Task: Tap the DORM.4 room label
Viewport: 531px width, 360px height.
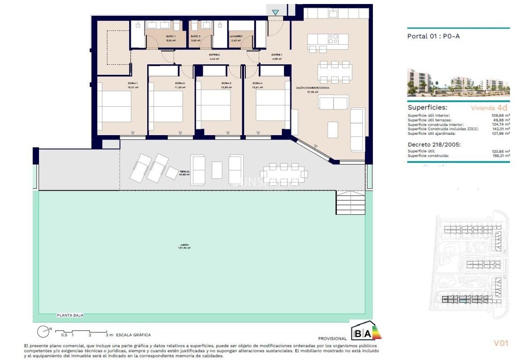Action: tap(257, 83)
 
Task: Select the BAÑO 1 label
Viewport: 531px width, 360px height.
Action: tap(171, 36)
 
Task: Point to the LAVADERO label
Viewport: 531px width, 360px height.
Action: tap(236, 36)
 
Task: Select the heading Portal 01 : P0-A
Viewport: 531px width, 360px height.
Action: tap(433, 36)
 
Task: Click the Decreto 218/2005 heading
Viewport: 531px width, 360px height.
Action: tap(434, 144)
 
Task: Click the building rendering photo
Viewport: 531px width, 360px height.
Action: tap(458, 82)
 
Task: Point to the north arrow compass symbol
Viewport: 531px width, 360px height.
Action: tap(43, 331)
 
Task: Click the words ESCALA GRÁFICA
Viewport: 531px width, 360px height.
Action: tap(133, 335)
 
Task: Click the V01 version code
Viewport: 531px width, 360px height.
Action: tap(501, 343)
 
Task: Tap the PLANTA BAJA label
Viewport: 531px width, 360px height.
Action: tap(70, 316)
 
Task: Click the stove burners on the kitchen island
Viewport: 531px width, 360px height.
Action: tap(333, 39)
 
